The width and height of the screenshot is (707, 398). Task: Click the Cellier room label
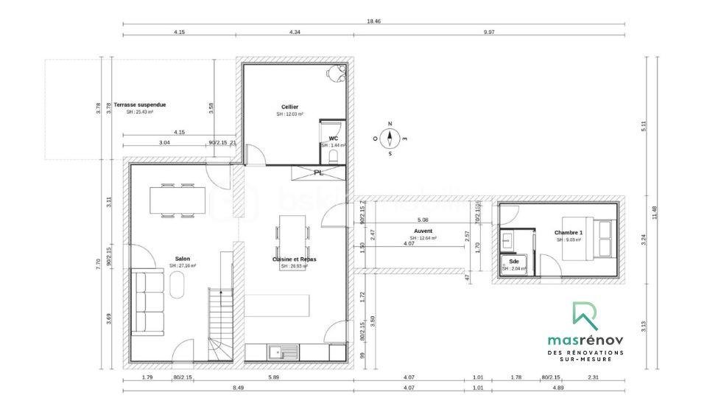289,107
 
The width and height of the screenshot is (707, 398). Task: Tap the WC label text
334,138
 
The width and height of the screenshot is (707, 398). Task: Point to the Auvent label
423,231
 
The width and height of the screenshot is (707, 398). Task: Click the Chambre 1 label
569,232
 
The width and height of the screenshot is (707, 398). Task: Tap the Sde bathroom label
513,262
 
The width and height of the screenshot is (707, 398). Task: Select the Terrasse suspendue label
140,105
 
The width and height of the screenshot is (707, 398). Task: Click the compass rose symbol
390,139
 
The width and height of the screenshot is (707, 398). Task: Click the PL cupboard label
318,172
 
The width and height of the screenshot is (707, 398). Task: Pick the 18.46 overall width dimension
373,21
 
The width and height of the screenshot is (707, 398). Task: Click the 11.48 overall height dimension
654,212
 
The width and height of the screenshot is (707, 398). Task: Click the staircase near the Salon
220,324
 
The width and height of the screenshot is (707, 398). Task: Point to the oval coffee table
177,285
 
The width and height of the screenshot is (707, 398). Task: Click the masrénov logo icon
585,315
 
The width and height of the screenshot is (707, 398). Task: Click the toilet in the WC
334,156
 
